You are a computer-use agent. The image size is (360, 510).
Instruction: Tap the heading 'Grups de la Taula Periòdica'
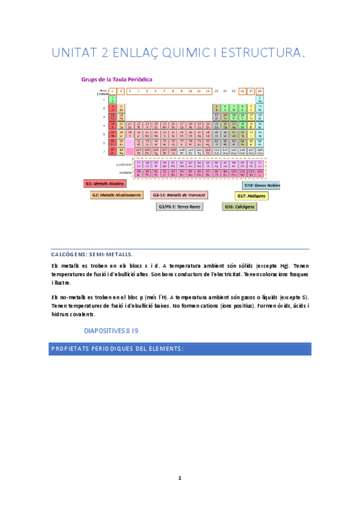pyautogui.click(x=117, y=79)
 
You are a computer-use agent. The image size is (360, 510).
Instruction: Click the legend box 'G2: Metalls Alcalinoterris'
pyautogui.click(x=117, y=195)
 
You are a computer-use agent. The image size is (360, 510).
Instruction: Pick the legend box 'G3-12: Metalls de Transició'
pyautogui.click(x=179, y=195)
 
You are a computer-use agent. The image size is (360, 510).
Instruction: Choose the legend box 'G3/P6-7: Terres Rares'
pyautogui.click(x=179, y=206)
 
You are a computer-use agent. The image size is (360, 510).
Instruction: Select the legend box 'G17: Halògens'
pyautogui.click(x=251, y=196)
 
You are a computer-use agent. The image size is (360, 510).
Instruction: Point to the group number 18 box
pyautogui.click(x=260, y=91)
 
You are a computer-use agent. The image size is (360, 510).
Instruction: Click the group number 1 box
pyautogui.click(x=112, y=91)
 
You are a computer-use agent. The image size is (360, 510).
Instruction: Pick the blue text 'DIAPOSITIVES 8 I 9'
pyautogui.click(x=111, y=331)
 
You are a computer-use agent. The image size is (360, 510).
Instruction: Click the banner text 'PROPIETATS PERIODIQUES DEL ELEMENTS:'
pyautogui.click(x=117, y=349)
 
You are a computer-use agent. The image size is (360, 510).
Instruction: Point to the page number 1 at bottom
pyautogui.click(x=179, y=478)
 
